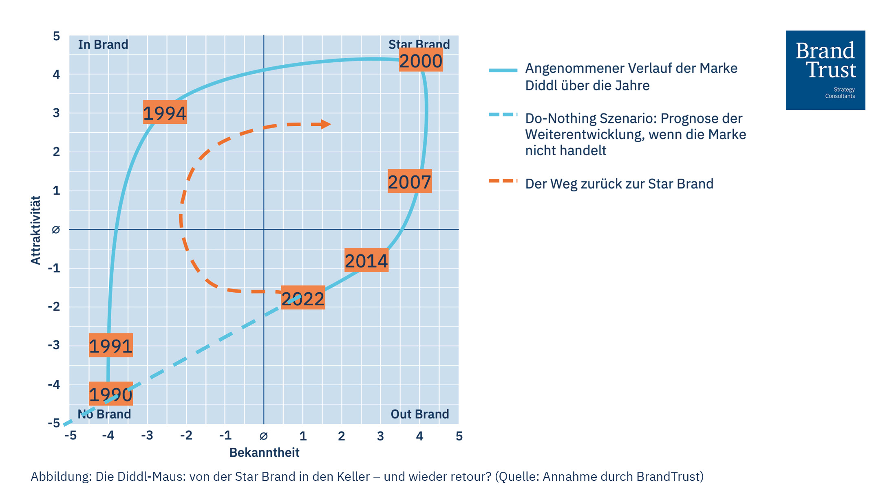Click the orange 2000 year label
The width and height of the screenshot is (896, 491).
(421, 61)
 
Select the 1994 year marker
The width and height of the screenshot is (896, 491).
(165, 112)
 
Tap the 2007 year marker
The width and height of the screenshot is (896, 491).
(409, 182)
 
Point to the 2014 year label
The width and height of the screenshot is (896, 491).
(366, 260)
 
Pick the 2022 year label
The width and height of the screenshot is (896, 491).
(303, 298)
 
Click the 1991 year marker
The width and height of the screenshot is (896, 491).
(110, 346)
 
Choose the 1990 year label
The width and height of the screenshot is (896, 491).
(110, 394)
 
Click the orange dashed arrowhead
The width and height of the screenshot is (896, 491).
(326, 124)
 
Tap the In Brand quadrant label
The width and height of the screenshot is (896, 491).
(103, 44)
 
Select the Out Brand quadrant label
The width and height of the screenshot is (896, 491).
(419, 414)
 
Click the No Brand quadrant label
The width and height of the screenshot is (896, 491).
(104, 414)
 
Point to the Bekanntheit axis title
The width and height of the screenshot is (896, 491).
(264, 452)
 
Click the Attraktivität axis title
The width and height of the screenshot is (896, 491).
(36, 230)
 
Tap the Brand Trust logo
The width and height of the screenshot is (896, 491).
(825, 70)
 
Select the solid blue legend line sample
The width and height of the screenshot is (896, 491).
(503, 70)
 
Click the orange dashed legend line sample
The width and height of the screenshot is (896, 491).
(503, 181)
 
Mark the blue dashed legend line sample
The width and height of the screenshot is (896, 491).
(503, 115)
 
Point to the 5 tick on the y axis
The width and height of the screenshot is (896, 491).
(56, 36)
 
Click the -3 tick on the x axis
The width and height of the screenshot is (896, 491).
(147, 436)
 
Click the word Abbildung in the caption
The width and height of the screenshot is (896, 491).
(61, 476)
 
